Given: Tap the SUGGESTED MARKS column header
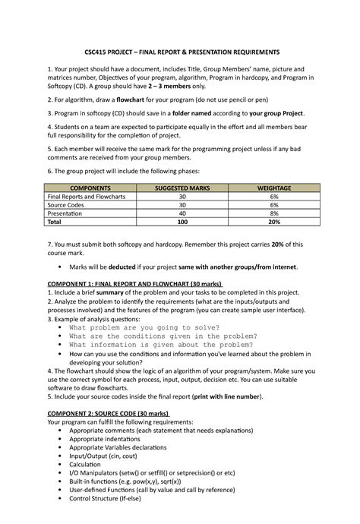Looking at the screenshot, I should coord(182,187).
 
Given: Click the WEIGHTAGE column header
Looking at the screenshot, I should coord(273,187).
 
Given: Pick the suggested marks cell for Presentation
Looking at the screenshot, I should coord(182,214).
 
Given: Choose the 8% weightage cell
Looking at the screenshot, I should coord(273,214).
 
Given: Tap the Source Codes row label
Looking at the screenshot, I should coord(69,205).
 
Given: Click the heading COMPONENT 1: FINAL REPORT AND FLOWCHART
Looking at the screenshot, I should coord(134,283).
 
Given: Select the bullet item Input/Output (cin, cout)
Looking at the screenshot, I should coord(108,456).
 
